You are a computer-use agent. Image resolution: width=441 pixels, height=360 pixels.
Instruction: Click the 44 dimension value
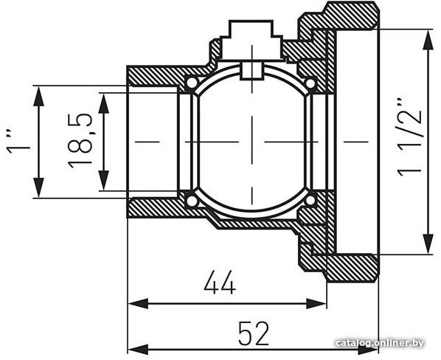[x=220, y=283]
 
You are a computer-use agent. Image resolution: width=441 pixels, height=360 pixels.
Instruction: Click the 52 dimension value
[x=254, y=333]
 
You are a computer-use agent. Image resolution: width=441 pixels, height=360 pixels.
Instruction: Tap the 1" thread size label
[x=18, y=142]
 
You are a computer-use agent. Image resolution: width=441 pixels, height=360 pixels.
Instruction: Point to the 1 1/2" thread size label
[x=410, y=137]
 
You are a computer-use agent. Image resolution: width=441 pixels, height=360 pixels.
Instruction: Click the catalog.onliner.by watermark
[x=380, y=343]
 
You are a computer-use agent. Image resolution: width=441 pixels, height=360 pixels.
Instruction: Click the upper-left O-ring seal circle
[x=192, y=83]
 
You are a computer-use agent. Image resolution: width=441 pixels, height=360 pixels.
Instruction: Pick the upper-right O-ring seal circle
[x=310, y=83]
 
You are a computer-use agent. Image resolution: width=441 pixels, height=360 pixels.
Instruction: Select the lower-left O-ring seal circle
[x=192, y=201]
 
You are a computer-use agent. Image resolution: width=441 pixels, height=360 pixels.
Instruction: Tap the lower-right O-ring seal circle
[x=310, y=201]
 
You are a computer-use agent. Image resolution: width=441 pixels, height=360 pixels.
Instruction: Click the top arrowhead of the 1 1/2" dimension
[x=428, y=40]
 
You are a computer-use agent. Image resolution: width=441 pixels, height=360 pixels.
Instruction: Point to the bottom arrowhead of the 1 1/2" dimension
[x=428, y=244]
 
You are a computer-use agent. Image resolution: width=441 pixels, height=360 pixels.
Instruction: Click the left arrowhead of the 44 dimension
[x=138, y=304]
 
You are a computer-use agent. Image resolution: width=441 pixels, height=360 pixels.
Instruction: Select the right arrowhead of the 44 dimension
[x=316, y=304]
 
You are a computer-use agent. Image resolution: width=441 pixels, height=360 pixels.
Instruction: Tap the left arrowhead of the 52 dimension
[x=138, y=350]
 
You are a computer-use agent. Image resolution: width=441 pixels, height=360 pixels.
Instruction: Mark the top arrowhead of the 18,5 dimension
[x=104, y=103]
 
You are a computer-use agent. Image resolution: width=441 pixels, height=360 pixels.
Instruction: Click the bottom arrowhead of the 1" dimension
[x=38, y=187]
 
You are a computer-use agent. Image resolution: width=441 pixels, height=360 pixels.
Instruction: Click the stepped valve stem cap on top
[x=251, y=40]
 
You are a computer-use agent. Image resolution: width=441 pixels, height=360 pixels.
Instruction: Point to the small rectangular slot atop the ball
[x=252, y=71]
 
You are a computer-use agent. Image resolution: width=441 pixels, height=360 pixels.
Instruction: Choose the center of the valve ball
[x=251, y=142]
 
